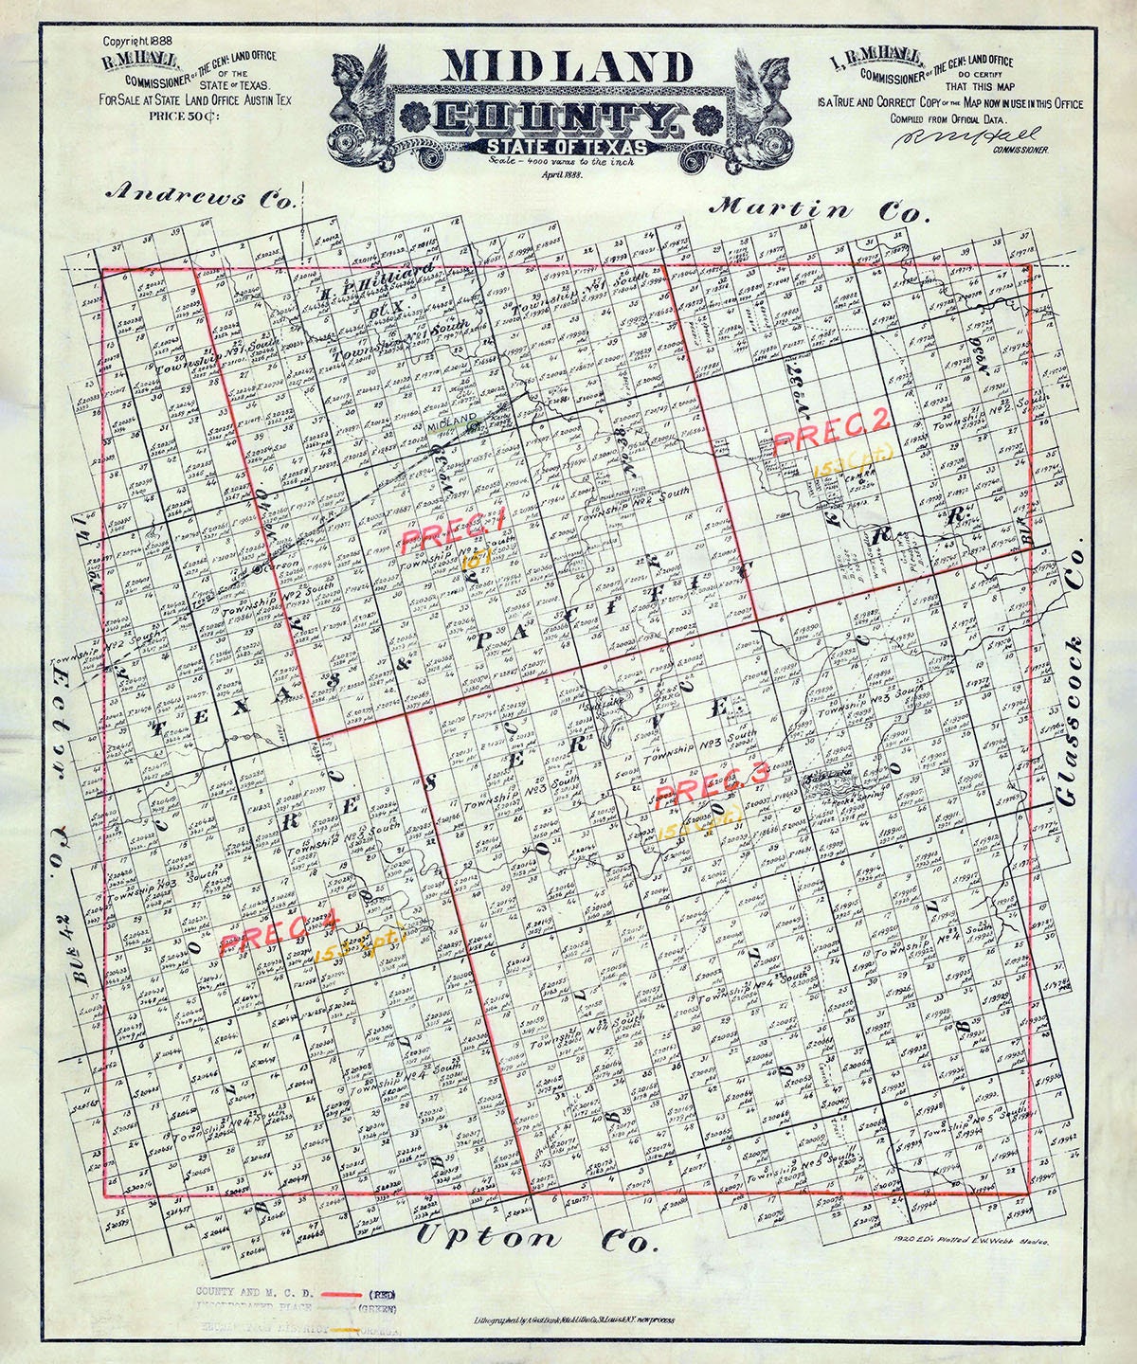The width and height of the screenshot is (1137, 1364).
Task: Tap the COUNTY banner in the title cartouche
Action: click(555, 118)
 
